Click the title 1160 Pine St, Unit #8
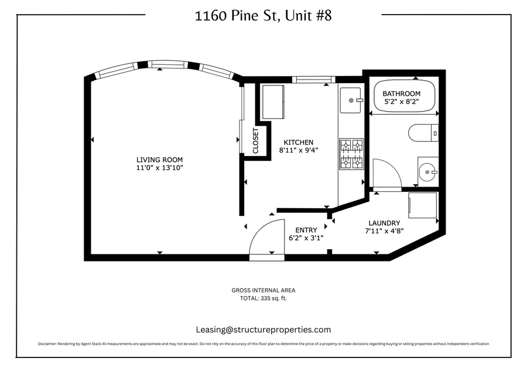tap(263, 16)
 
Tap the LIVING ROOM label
tap(160, 160)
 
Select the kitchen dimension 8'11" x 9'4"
tap(299, 150)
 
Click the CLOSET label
tap(255, 141)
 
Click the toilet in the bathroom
tap(423, 133)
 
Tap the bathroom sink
tap(428, 171)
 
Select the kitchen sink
tap(351, 100)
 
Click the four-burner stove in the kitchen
tap(351, 154)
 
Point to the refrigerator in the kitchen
tap(273, 102)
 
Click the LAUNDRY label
tap(384, 223)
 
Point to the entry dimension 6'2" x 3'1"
tap(306, 238)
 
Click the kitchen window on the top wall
tap(314, 80)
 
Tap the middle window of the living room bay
tap(167, 64)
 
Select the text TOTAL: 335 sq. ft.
tap(263, 298)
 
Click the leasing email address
tap(263, 330)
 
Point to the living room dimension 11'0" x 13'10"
tap(160, 167)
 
